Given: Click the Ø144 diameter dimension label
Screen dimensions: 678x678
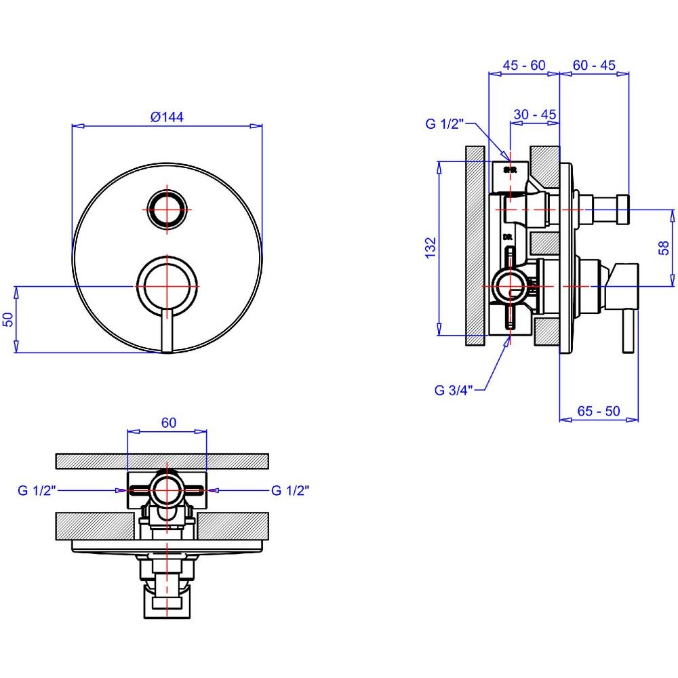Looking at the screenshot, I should point(167,117).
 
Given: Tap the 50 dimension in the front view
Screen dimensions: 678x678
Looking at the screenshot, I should point(8,319).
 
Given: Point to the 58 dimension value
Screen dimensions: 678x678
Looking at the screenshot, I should point(665,248).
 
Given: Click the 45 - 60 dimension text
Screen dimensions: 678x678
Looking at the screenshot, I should point(523,65).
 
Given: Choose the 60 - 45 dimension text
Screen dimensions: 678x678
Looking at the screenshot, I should point(594,65).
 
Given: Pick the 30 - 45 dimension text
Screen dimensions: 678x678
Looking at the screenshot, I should point(535,115).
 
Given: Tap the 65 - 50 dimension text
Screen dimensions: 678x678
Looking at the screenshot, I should point(598,411).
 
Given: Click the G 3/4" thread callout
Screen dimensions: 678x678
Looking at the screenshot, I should point(453,390).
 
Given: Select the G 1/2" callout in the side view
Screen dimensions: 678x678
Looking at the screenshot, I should point(444,123).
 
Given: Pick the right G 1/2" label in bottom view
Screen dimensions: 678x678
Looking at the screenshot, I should point(290,490).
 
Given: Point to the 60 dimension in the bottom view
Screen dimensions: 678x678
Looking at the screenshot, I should point(169,422).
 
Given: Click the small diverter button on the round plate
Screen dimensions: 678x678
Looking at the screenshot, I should point(167,209).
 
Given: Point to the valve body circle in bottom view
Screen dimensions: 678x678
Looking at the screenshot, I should point(166,490).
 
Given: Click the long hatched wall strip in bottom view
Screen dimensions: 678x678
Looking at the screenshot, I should point(163,460).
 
